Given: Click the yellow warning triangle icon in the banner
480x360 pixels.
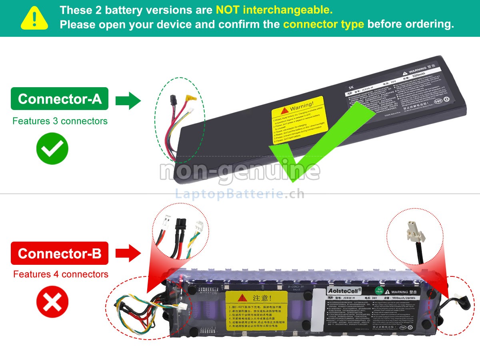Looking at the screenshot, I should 34,18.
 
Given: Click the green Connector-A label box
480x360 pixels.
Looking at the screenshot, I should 60,99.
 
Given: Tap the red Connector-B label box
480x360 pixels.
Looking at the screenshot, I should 60,253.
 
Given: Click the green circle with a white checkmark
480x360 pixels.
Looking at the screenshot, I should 52,149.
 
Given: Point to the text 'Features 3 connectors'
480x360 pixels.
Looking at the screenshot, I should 60,121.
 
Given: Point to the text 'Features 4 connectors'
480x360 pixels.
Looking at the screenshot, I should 61,274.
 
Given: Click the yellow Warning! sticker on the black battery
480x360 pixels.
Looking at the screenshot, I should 300,120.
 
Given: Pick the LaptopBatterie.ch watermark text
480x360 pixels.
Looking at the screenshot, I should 240,194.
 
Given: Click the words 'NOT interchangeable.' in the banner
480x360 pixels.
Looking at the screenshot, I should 274,10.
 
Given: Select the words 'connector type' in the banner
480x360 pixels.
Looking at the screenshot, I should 324,24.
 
